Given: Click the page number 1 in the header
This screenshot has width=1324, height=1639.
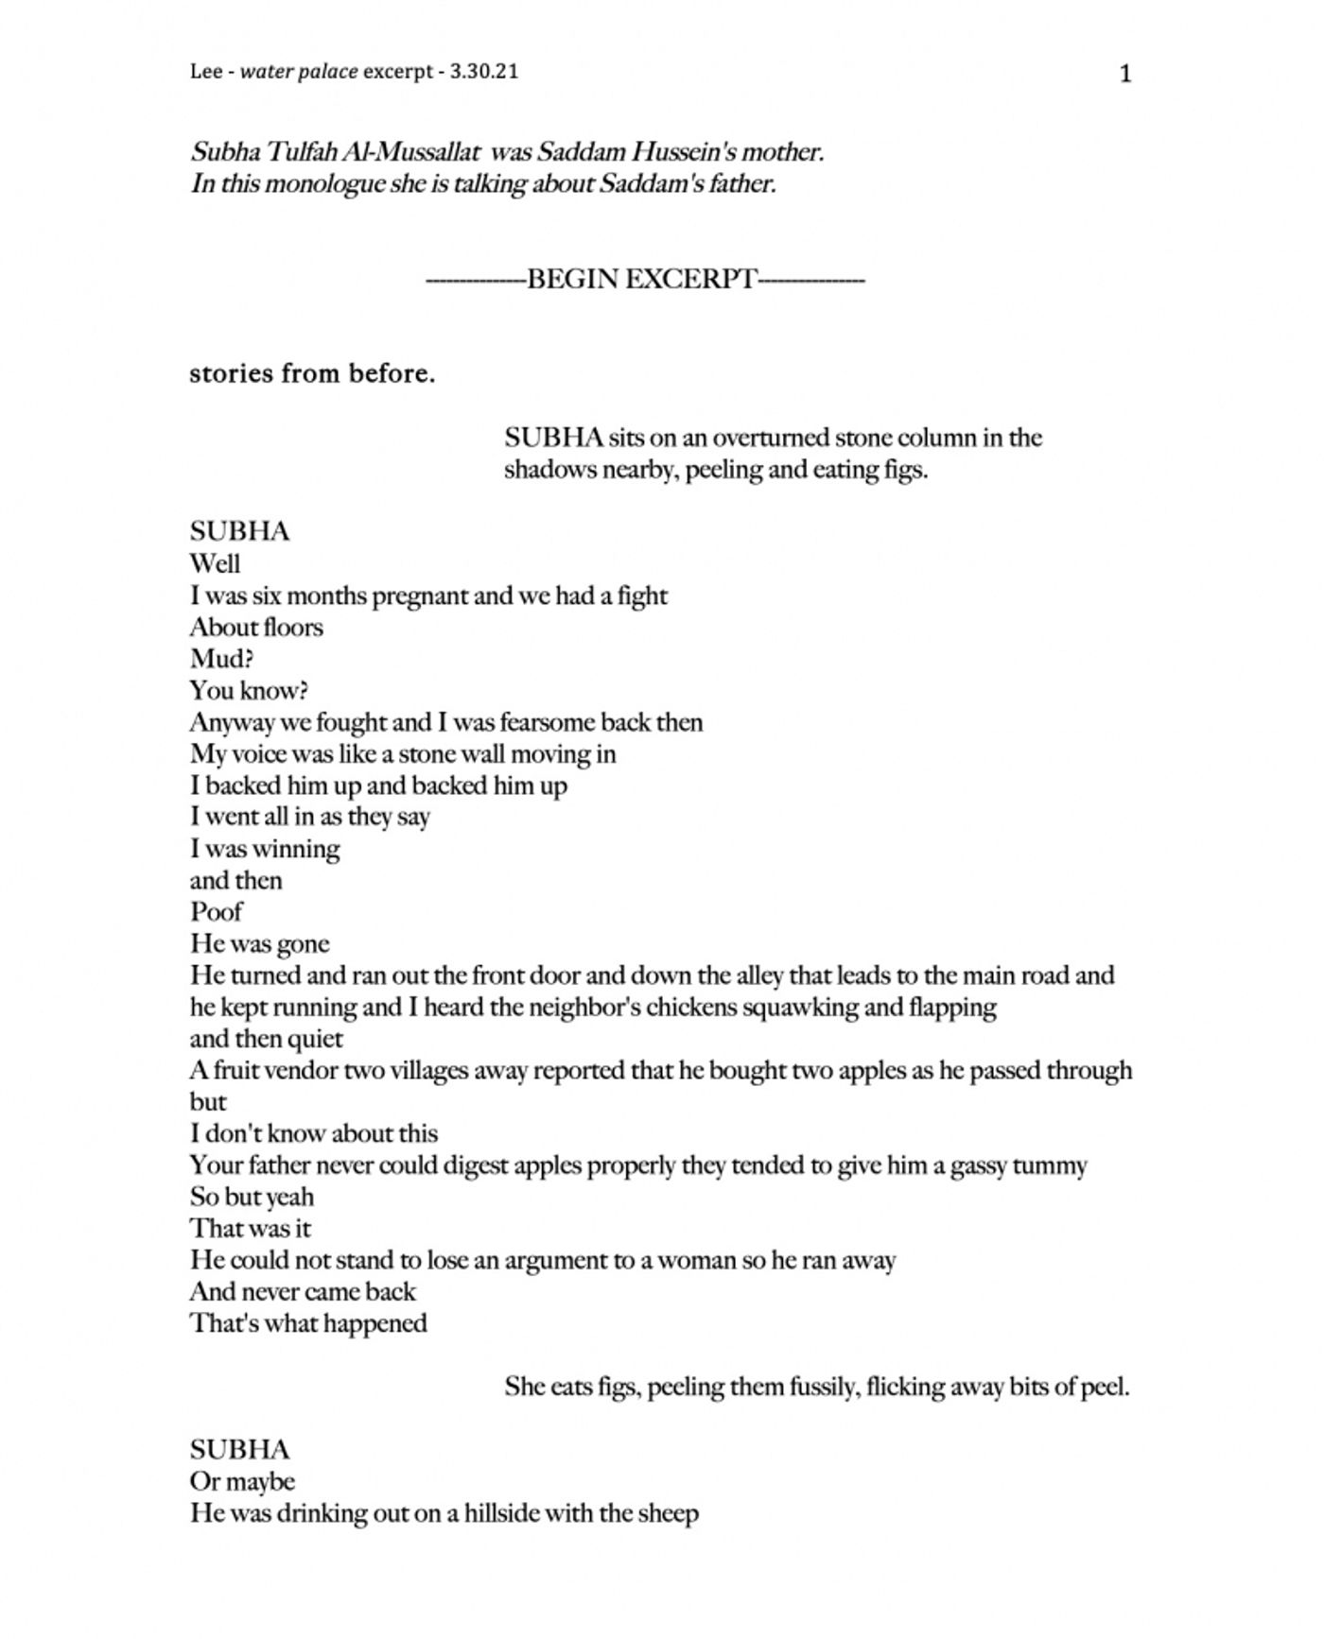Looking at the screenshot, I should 1124,74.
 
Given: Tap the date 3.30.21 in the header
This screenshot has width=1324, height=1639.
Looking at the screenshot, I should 484,72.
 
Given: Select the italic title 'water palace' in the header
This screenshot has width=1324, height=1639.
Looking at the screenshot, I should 299,72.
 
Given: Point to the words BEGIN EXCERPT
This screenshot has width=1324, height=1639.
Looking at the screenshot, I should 642,280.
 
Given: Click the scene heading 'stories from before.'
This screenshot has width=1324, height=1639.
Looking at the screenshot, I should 312,374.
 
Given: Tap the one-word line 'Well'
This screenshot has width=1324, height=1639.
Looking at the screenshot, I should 215,564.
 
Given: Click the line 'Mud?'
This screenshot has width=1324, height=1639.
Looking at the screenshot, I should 221,659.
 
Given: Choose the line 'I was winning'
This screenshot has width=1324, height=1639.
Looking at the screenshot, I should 265,849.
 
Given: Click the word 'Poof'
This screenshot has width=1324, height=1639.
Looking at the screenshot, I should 216,912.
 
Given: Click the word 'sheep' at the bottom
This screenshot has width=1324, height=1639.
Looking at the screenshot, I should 668,1514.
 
